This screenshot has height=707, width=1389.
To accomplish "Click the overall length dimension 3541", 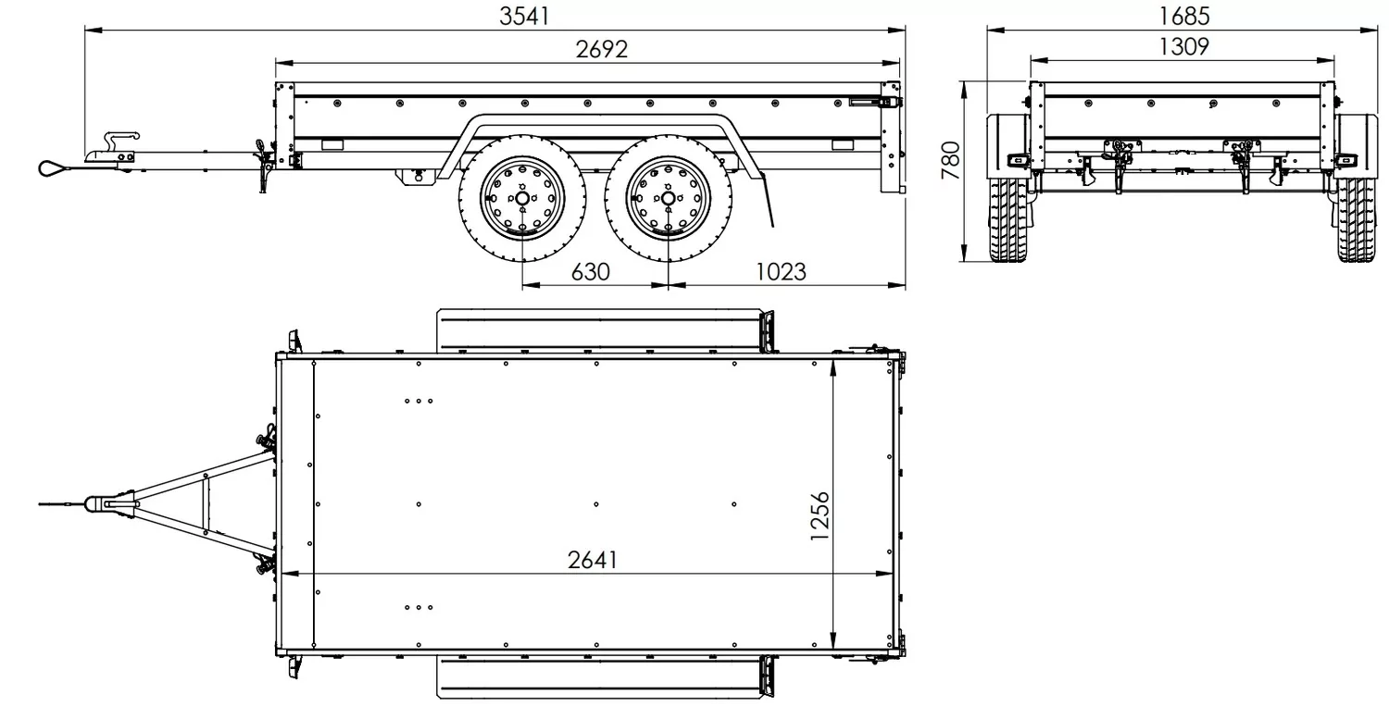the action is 525,17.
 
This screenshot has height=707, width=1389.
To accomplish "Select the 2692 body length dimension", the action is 602,50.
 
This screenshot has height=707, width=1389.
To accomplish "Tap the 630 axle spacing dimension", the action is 591,272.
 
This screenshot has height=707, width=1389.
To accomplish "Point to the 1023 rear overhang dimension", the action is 781,272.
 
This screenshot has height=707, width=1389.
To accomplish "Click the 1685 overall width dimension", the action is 1184,17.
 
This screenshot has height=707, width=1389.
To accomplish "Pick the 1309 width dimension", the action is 1183,47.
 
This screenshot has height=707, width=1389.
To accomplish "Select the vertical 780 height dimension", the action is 951,160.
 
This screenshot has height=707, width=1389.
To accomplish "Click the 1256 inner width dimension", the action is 820,515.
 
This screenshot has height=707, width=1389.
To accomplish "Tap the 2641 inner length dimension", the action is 593,560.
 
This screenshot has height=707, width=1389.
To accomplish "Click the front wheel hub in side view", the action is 522,198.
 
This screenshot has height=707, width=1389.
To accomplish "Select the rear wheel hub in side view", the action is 668,198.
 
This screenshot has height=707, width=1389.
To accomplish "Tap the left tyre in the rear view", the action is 1009,219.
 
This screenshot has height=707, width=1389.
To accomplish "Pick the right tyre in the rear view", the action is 1357,219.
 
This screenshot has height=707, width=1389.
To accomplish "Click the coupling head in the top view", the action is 99,503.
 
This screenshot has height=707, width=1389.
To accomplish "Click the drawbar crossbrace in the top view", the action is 204,503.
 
